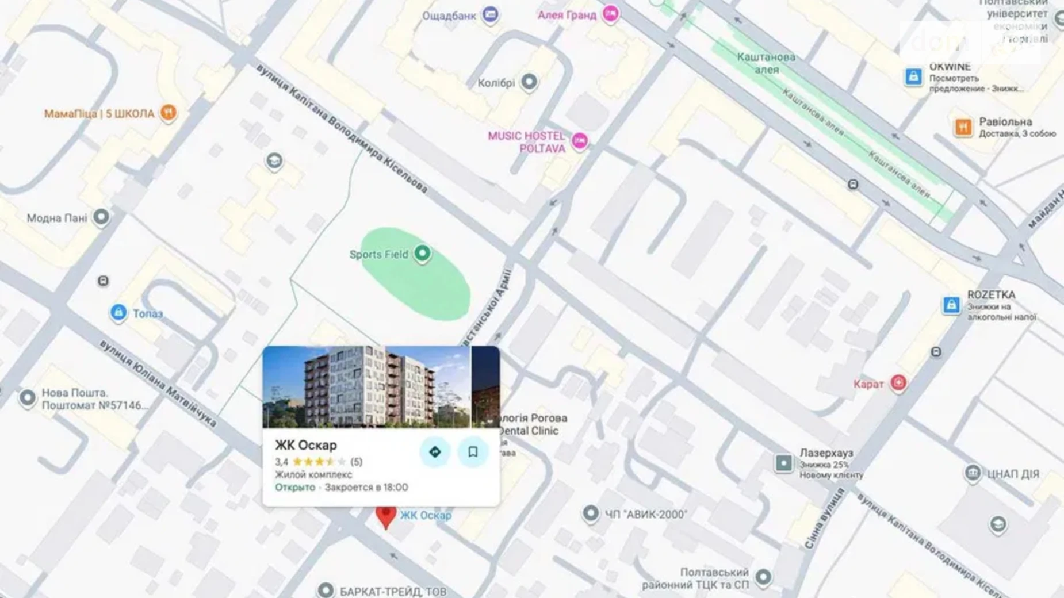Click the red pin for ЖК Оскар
[385, 516]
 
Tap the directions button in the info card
[435, 452]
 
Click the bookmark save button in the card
[473, 452]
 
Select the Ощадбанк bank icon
[490, 14]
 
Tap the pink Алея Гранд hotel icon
[611, 14]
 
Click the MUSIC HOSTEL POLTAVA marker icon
[580, 141]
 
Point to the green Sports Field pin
[422, 253]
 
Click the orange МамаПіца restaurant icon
[168, 113]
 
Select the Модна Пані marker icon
[101, 217]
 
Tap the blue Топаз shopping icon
[118, 313]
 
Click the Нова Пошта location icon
[27, 397]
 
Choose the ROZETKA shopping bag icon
[951, 305]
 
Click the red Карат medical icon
[898, 383]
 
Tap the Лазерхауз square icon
[783, 463]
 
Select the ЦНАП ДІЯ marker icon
[973, 473]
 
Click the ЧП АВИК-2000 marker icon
[591, 513]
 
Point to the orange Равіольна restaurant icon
[963, 127]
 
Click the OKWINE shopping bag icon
[913, 76]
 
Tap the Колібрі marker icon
[529, 82]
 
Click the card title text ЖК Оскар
[306, 445]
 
